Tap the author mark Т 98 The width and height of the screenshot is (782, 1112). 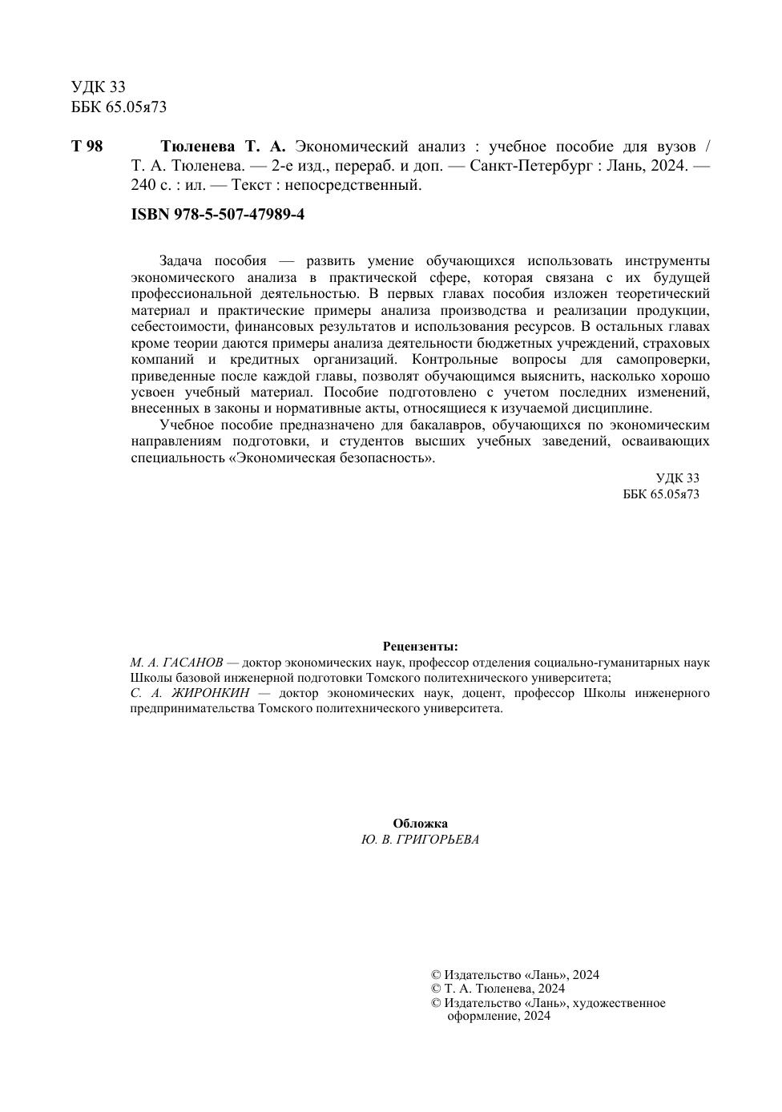tap(87, 147)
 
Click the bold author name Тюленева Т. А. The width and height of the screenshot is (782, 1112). tap(223, 147)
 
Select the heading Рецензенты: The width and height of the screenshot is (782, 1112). tap(420, 647)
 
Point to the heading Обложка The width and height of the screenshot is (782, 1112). tap(420, 824)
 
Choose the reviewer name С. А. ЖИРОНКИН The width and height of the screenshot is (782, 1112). tap(190, 693)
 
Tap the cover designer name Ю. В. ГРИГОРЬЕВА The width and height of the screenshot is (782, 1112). tap(420, 840)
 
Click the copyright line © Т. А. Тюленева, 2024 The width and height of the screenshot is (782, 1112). tap(498, 989)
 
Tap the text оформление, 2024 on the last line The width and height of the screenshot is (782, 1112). tap(498, 1016)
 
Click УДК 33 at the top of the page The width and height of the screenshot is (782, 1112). tap(99, 87)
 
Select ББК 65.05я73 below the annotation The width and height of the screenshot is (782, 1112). tap(661, 494)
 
